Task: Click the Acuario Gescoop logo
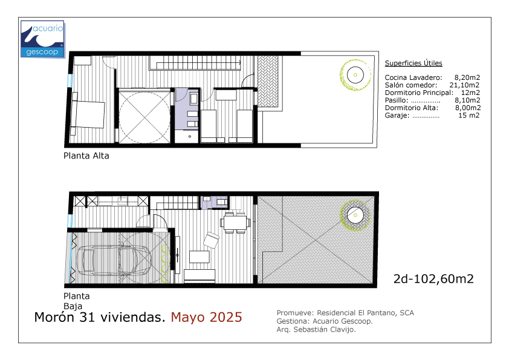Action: (42, 39)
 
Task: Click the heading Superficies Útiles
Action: (413, 63)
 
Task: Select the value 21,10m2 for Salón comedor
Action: (464, 85)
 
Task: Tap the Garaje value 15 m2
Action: (468, 116)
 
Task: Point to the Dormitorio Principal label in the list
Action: (419, 93)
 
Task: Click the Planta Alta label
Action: (86, 156)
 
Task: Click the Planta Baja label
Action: (76, 301)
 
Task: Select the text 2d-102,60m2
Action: (433, 279)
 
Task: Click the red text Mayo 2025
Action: (207, 317)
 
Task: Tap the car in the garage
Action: (114, 260)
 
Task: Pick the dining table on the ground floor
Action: (235, 223)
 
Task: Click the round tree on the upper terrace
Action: (355, 75)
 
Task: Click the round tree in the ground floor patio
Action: (355, 215)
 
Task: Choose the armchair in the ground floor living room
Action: (212, 240)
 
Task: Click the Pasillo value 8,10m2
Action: (467, 100)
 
